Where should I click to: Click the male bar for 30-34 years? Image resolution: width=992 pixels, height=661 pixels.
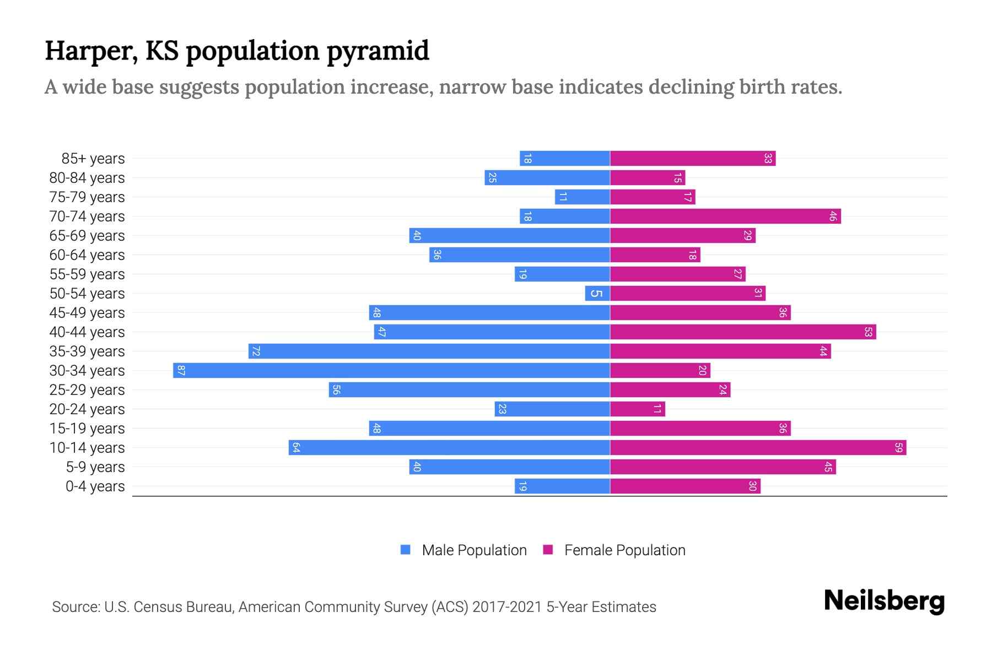pyautogui.click(x=391, y=370)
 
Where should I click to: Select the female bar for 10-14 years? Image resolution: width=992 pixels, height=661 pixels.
pyautogui.click(x=758, y=447)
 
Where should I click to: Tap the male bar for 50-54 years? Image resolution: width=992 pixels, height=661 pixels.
pyautogui.click(x=597, y=293)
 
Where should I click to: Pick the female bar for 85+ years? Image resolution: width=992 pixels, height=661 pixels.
pyautogui.click(x=693, y=159)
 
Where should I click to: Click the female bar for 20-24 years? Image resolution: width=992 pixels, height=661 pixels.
pyautogui.click(x=638, y=409)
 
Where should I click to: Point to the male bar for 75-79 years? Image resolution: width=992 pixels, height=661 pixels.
pyautogui.click(x=583, y=197)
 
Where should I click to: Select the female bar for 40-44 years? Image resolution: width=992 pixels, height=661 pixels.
pyautogui.click(x=743, y=332)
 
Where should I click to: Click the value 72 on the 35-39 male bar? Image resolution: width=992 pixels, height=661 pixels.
pyautogui.click(x=256, y=351)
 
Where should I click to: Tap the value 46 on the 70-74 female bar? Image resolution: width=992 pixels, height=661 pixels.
pyautogui.click(x=833, y=216)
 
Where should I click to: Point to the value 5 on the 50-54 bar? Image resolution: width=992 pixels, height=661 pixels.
pyautogui.click(x=596, y=293)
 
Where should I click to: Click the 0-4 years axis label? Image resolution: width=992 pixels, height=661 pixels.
pyautogui.click(x=95, y=486)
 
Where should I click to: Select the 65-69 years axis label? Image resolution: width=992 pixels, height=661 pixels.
pyautogui.click(x=87, y=236)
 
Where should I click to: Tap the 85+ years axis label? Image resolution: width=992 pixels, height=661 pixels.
pyautogui.click(x=93, y=159)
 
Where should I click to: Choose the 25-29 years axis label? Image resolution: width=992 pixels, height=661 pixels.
pyautogui.click(x=87, y=390)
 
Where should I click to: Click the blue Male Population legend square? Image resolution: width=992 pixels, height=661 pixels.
pyautogui.click(x=406, y=550)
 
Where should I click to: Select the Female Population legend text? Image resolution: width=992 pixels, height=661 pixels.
pyautogui.click(x=624, y=550)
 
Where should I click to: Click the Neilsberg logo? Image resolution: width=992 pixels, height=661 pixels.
pyautogui.click(x=884, y=601)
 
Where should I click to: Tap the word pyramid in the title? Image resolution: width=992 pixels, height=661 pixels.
pyautogui.click(x=378, y=51)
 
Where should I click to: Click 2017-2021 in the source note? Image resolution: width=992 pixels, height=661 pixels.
pyautogui.click(x=507, y=607)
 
